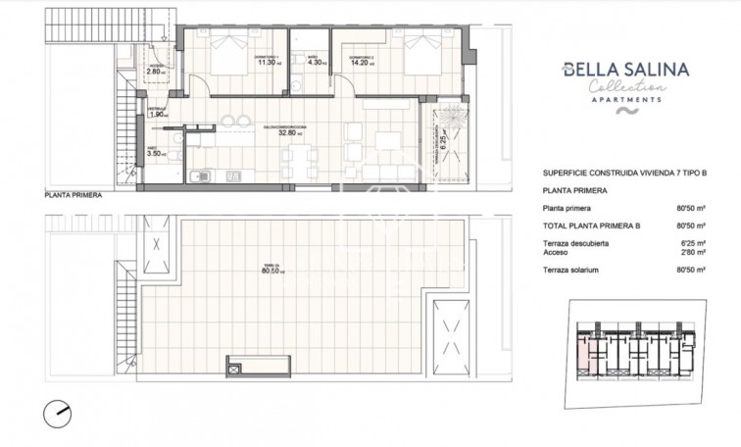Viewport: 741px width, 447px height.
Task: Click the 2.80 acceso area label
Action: pyautogui.click(x=155, y=72)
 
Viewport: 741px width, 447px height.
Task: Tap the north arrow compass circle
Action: pyautogui.click(x=58, y=413)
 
